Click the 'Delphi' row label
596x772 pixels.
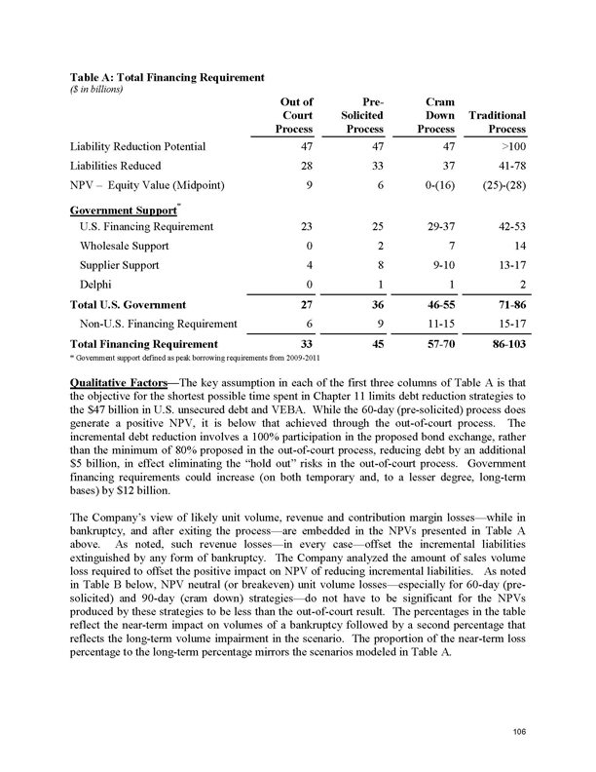[98, 285]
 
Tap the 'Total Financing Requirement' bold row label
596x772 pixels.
[143, 344]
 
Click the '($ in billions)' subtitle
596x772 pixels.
[100, 87]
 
